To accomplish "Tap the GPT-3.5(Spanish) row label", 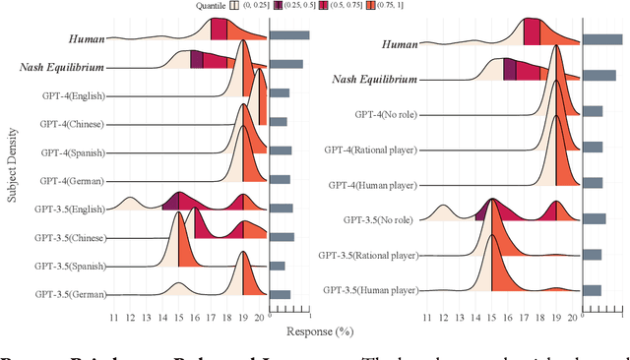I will tap(69, 266).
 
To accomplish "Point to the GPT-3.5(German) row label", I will tap(69, 294).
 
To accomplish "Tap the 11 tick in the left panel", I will tap(114, 317).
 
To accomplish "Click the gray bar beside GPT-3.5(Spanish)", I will tap(277, 266).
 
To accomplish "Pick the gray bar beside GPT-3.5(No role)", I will tap(594, 219).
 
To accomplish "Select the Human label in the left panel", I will tap(87, 39).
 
